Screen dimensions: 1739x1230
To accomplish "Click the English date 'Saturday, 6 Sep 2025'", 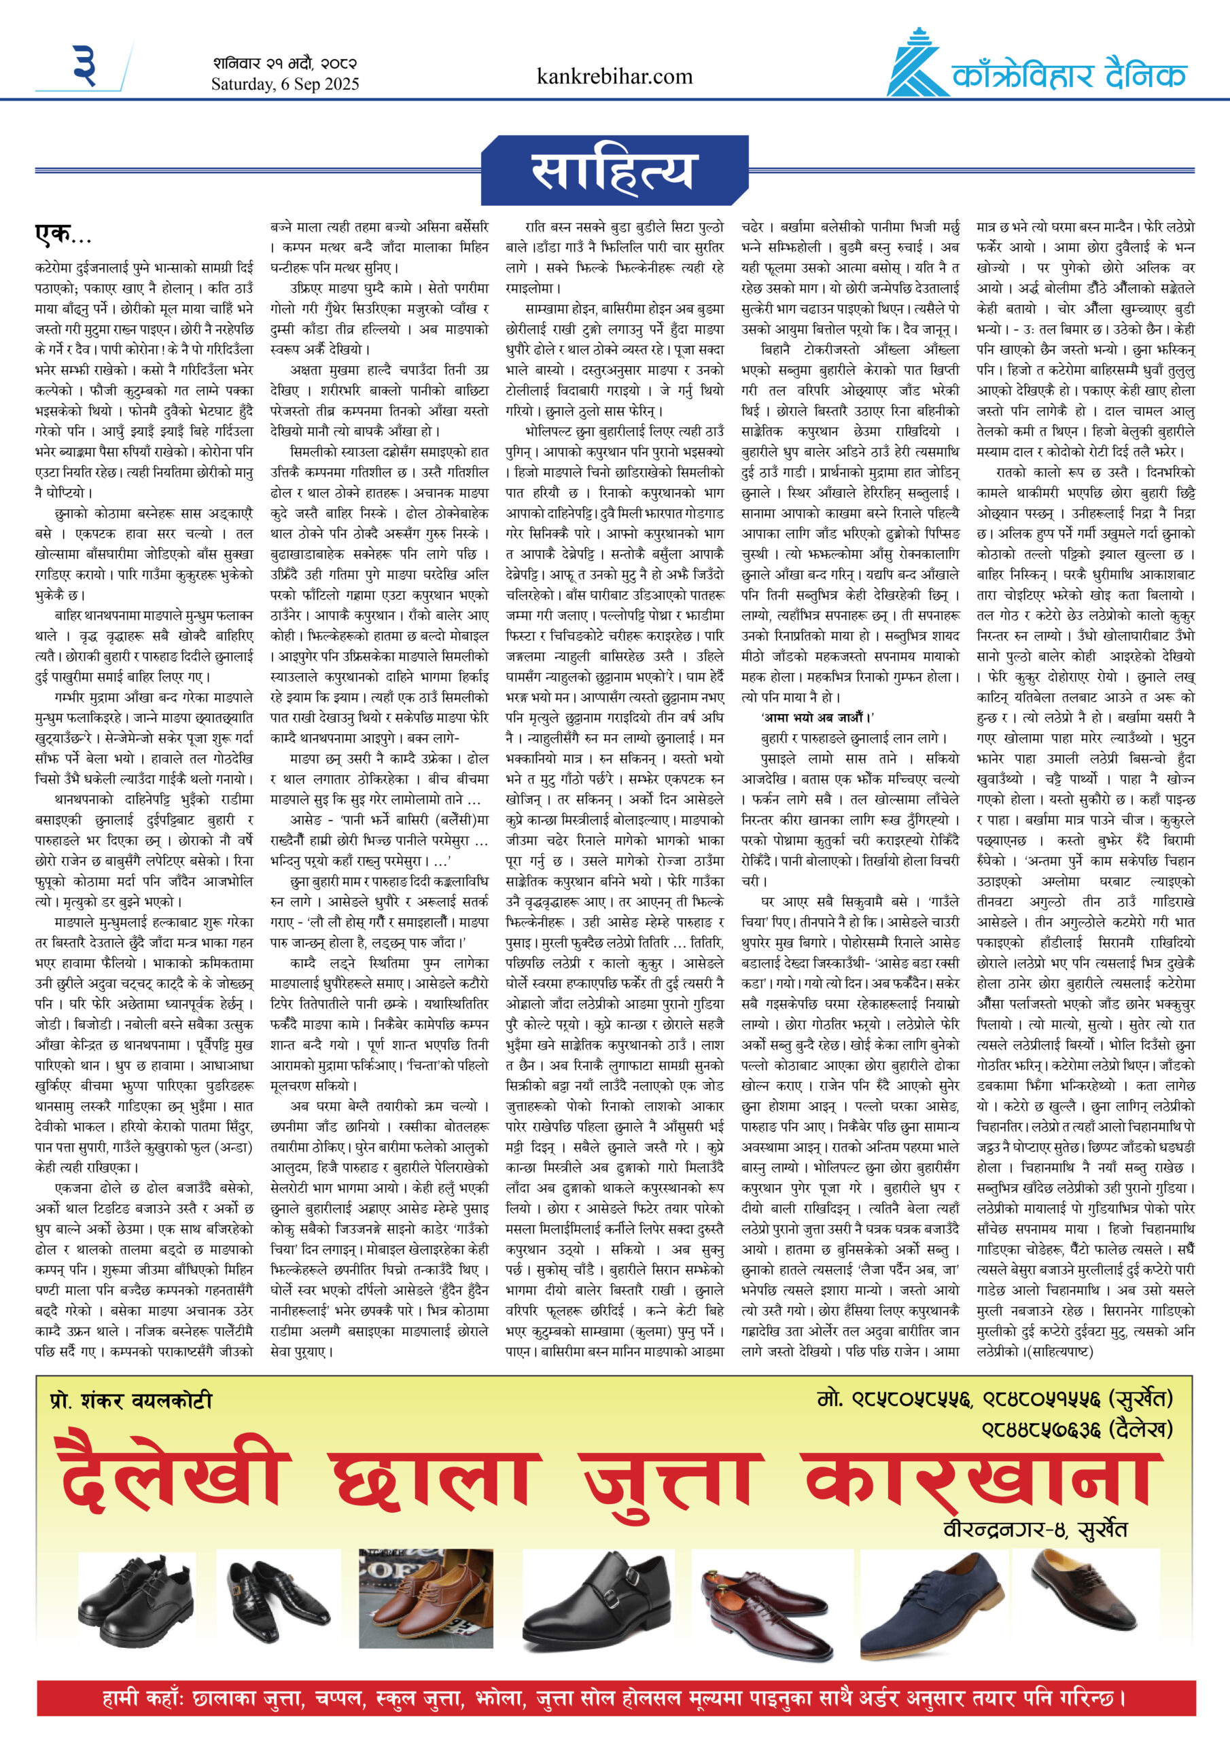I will tap(285, 84).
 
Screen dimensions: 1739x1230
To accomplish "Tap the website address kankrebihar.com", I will tap(614, 77).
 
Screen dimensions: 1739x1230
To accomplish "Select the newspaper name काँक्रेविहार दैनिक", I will tap(1068, 75).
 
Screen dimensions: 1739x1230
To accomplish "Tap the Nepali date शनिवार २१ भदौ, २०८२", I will tap(285, 64).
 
